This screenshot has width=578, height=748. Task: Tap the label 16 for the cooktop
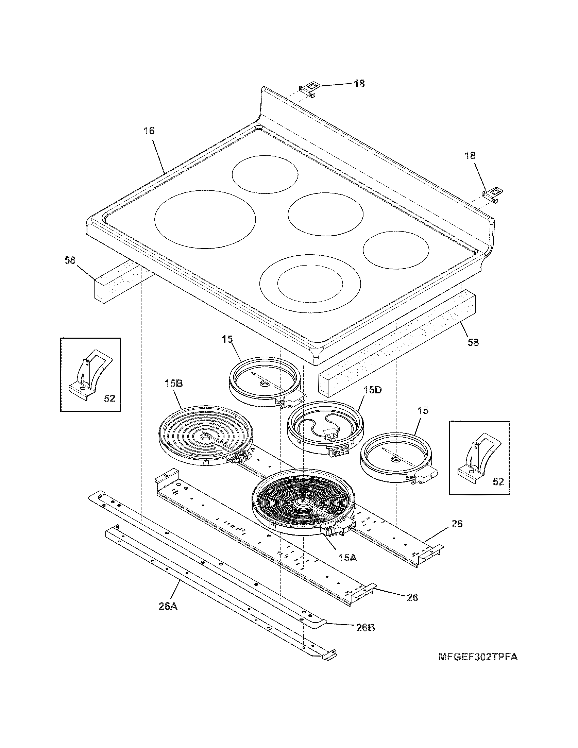pyautogui.click(x=149, y=131)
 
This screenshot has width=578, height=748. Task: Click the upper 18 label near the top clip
pyautogui.click(x=359, y=83)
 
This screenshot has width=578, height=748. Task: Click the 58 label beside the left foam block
pyautogui.click(x=70, y=260)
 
